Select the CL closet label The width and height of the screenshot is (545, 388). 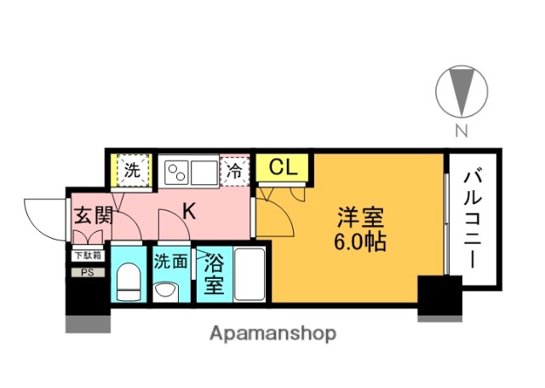[x=282, y=168]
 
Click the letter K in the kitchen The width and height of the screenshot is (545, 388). [x=190, y=211]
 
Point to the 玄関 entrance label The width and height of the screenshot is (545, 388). [x=91, y=216]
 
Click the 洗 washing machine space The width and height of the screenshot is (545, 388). [x=132, y=169]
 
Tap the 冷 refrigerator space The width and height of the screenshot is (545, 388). [x=236, y=170]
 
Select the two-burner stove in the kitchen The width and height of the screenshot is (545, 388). [x=177, y=171]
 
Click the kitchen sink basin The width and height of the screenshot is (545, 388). [x=205, y=171]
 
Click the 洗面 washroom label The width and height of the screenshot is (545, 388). [x=170, y=261]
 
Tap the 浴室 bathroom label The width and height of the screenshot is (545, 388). [x=213, y=274]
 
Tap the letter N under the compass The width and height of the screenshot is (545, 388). [x=461, y=130]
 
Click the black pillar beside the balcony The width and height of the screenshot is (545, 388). [x=439, y=298]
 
